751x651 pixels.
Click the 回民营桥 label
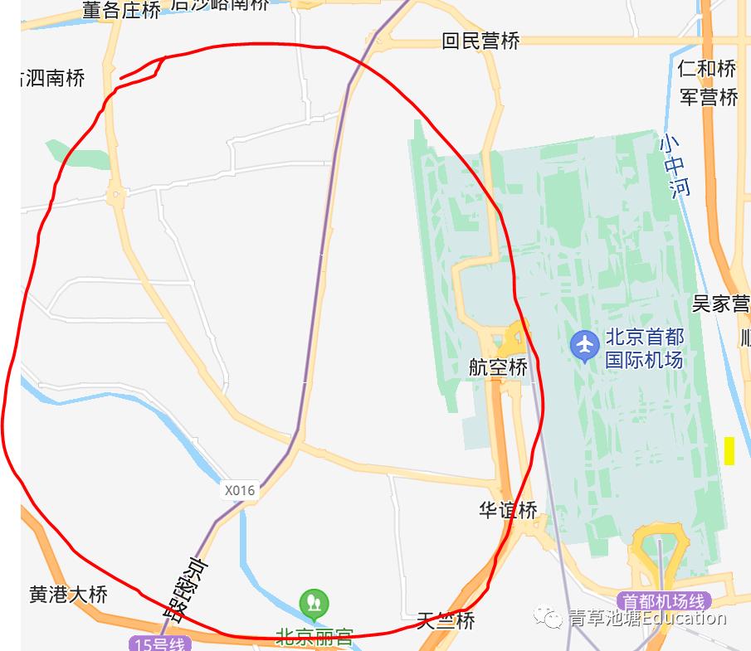pos(480,41)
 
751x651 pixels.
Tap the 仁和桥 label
pos(706,68)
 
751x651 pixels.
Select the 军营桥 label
pos(709,97)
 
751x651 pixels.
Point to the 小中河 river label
pos(675,165)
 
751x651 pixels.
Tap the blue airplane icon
pos(585,344)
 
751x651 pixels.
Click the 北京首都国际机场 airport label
pos(644,348)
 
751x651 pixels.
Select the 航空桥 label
pos(498,367)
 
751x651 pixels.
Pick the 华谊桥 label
pos(508,510)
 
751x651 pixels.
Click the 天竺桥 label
pos(446,619)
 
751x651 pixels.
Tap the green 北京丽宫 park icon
pos(314,603)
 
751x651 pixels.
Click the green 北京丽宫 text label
pos(315,637)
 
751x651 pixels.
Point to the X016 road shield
pos(240,490)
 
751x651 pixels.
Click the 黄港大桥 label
pos(69,595)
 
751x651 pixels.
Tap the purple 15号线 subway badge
pos(160,644)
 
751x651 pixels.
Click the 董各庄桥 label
pos(121,10)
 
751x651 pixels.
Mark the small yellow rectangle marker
pos(729,450)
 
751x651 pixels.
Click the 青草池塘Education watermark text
pos(646,618)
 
